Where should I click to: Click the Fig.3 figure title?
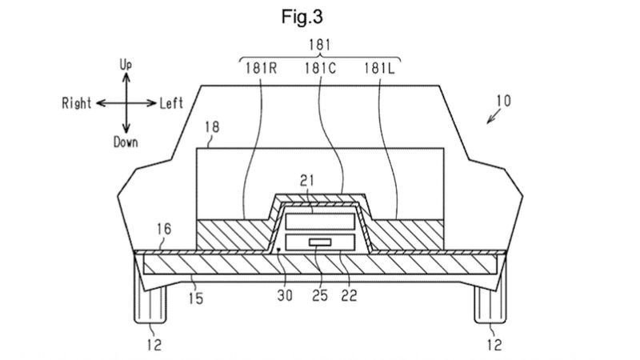pos(302,17)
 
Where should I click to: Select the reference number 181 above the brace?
pos(320,45)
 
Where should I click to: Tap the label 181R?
pos(262,68)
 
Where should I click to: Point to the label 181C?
pos(321,68)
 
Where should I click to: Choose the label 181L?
pos(379,68)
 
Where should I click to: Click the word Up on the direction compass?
pos(126,65)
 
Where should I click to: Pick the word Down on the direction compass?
pos(126,142)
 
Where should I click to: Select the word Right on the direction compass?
pos(76,103)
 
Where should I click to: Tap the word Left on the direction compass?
pos(171,103)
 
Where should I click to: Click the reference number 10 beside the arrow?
pos(504,101)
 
